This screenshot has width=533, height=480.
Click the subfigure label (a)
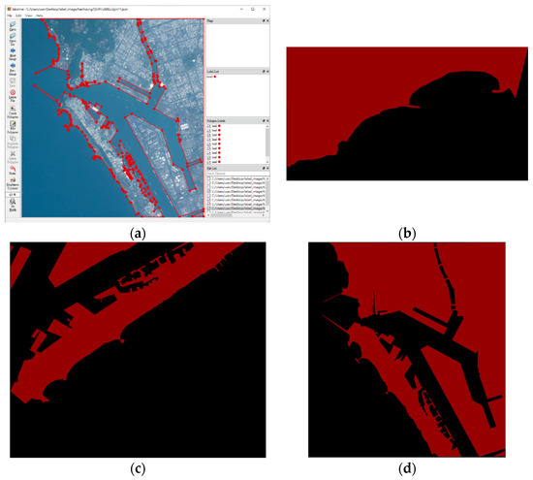coord(137,233)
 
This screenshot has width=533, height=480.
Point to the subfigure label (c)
coord(137,469)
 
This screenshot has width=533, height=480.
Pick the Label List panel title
coord(216,71)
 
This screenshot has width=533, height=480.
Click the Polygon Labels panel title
coord(219,119)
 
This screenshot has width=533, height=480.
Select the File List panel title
coord(213,168)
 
